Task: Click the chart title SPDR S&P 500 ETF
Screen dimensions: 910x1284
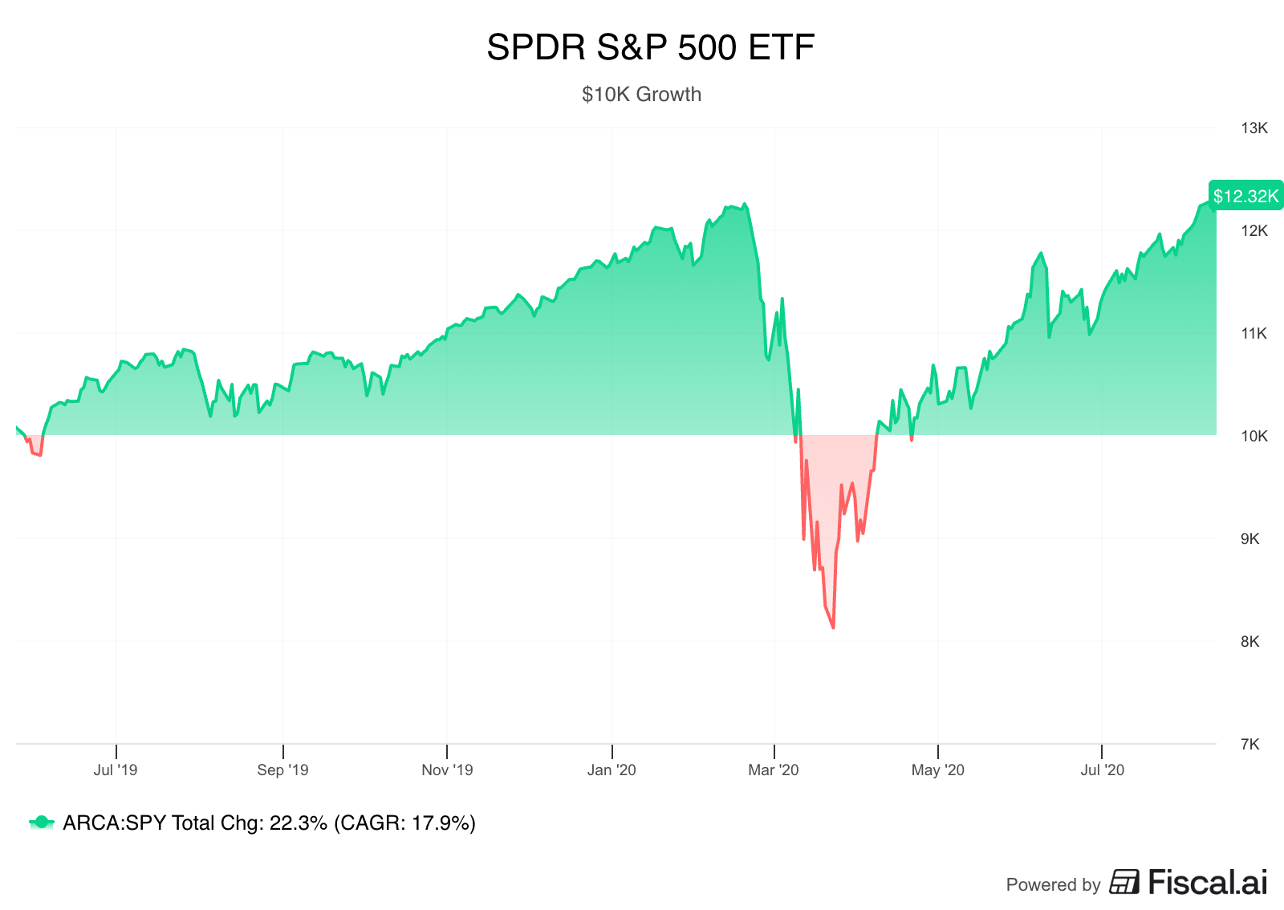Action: coord(650,48)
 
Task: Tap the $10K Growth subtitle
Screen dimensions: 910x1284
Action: coord(641,95)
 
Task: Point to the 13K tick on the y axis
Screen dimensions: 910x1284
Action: coord(1254,128)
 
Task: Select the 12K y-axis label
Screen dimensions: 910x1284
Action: coord(1254,231)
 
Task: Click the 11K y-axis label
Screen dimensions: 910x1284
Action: coord(1254,334)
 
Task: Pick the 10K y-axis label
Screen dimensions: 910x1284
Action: coord(1254,437)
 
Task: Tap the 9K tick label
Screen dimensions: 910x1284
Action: coord(1250,539)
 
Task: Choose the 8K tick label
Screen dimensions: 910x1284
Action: coord(1250,642)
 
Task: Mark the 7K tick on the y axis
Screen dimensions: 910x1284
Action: coord(1250,745)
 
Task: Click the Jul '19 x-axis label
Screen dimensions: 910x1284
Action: coord(116,770)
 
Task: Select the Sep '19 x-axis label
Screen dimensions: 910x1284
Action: coord(282,770)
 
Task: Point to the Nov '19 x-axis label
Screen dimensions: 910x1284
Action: coord(447,770)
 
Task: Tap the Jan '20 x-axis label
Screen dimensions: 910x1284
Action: coord(612,770)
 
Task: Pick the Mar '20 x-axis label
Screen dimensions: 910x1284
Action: coord(774,770)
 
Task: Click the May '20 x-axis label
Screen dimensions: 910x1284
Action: coord(937,770)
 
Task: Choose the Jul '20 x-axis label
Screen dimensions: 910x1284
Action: coord(1102,770)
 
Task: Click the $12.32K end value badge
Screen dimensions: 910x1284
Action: coord(1245,196)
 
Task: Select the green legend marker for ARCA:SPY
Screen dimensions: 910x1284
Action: coord(41,823)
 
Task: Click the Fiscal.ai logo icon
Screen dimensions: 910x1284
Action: coord(1124,882)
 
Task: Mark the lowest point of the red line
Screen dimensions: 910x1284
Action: coord(833,628)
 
